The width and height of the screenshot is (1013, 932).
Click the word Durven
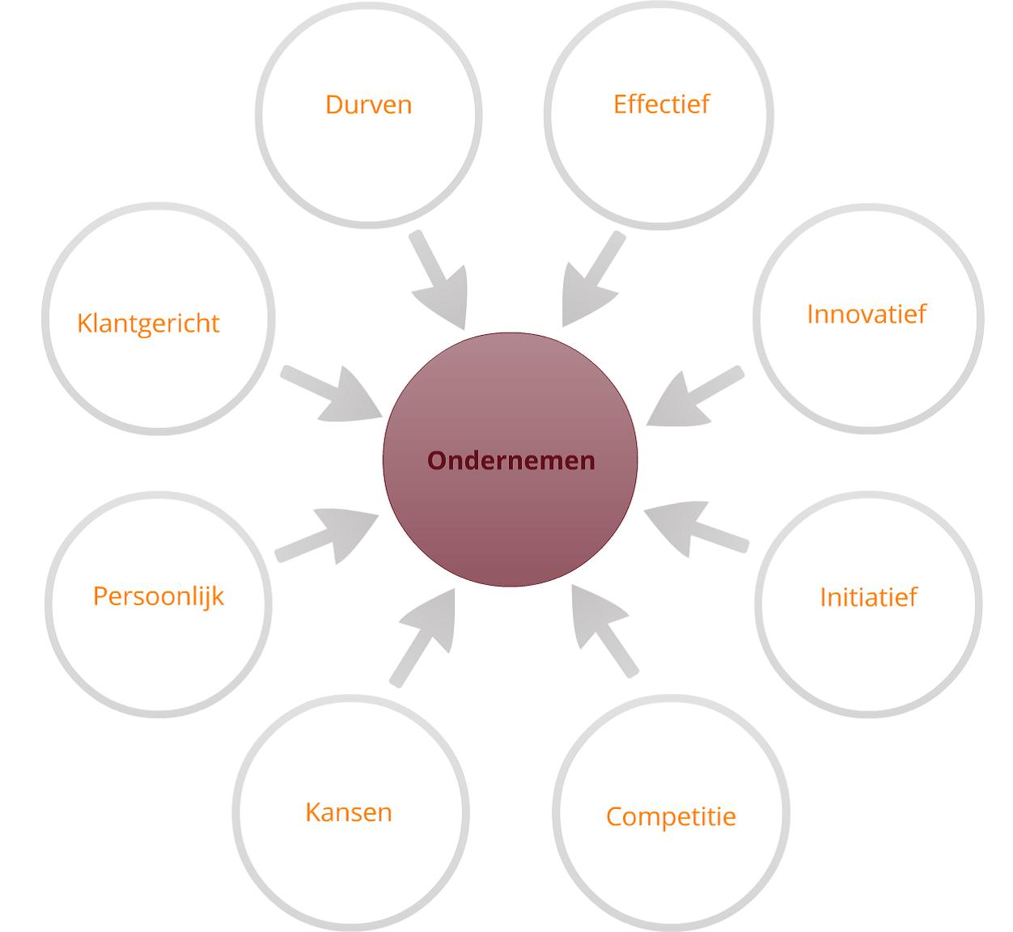369,105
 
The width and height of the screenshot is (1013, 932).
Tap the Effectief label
662,104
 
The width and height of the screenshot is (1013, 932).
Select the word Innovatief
867,314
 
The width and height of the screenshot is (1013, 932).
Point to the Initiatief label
868,597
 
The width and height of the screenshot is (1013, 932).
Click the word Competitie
671,817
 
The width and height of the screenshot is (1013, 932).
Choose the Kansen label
349,812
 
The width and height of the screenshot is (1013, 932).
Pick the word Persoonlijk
158,596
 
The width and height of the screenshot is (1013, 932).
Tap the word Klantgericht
148,324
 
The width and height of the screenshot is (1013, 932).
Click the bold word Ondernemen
511,460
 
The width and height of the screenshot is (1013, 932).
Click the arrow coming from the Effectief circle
591,281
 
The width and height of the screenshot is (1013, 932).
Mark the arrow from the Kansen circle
424,638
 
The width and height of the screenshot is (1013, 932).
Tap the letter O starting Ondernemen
437,460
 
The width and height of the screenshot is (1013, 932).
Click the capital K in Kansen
313,812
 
